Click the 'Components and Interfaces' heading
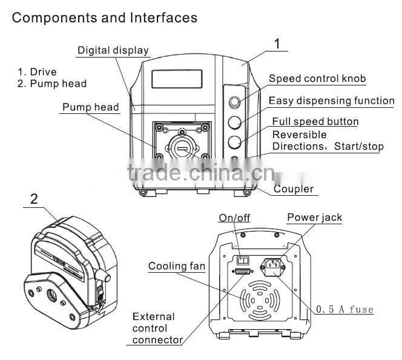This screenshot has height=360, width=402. (105, 17)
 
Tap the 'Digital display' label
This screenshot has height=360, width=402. (113, 50)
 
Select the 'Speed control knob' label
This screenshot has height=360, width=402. (317, 79)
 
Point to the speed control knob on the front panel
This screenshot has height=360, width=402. (236, 101)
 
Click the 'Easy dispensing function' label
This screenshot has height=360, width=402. (331, 101)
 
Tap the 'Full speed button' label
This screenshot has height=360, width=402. (315, 122)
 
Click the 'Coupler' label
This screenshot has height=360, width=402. (293, 189)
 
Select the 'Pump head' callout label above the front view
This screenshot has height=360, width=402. (90, 107)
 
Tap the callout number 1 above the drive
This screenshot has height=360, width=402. (277, 44)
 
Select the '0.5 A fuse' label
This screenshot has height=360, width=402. (344, 310)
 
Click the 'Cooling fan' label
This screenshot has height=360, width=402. (177, 266)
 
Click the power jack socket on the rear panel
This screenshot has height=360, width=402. (270, 264)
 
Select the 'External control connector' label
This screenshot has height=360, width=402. (157, 328)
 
